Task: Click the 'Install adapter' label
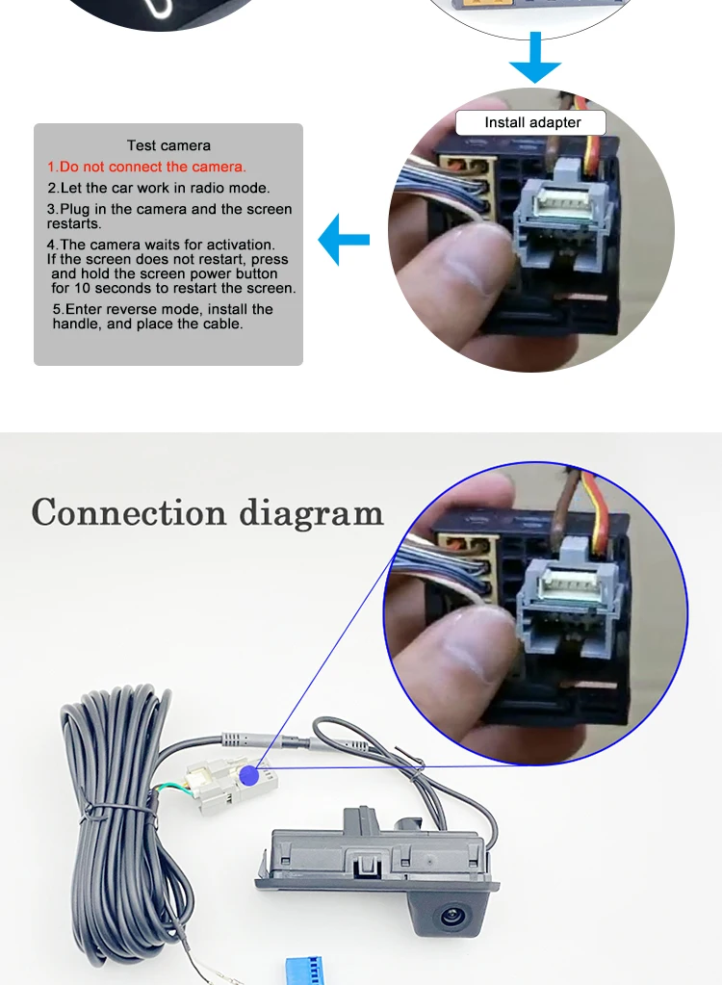pos(531,122)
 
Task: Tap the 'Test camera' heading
pos(168,145)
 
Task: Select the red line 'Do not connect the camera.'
pos(147,167)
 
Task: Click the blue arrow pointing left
pos(343,240)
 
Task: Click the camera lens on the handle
pos(451,915)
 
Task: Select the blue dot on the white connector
pos(249,774)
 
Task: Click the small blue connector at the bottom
pos(309,970)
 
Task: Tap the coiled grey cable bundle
pos(116,809)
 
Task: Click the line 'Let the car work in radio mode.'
pos(159,188)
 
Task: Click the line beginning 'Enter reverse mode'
pos(163,309)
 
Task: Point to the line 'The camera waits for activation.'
pos(161,245)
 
